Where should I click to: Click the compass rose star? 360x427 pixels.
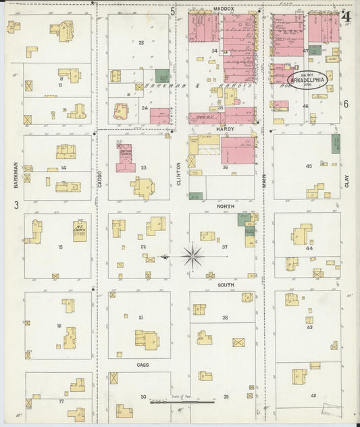192,255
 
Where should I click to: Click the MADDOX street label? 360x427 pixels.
223,9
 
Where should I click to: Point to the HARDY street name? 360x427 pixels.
224,128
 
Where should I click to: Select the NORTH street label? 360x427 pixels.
225,205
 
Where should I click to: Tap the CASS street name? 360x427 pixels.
143,365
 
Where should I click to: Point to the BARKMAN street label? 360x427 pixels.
14,174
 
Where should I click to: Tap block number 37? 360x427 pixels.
225,247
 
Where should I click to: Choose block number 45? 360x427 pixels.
309,166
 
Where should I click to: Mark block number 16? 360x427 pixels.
59,326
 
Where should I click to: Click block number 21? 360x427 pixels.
141,317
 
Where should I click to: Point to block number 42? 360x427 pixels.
313,395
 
